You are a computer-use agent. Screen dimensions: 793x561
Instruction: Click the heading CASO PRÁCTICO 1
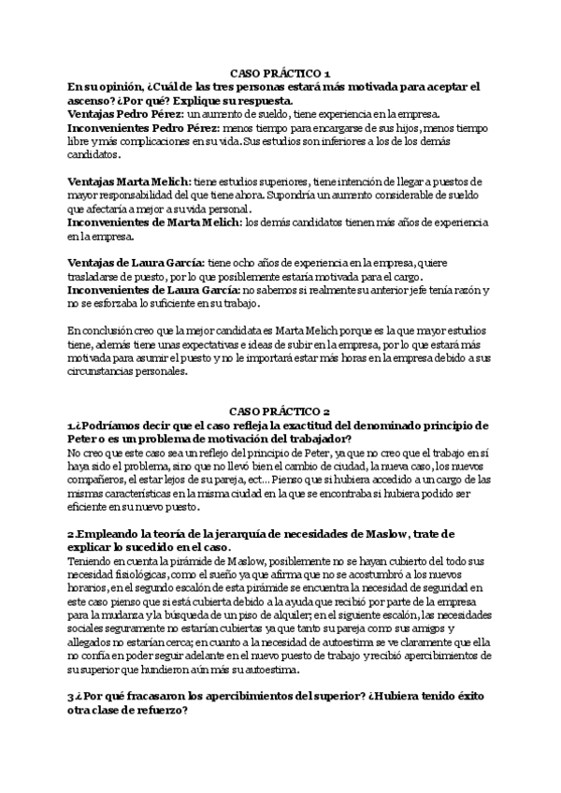[280, 73]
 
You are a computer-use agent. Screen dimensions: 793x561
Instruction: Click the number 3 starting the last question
[70, 698]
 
